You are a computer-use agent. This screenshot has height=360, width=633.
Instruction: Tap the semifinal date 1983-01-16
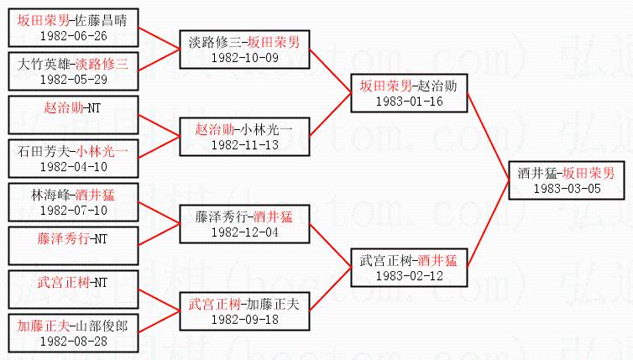coord(409,102)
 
